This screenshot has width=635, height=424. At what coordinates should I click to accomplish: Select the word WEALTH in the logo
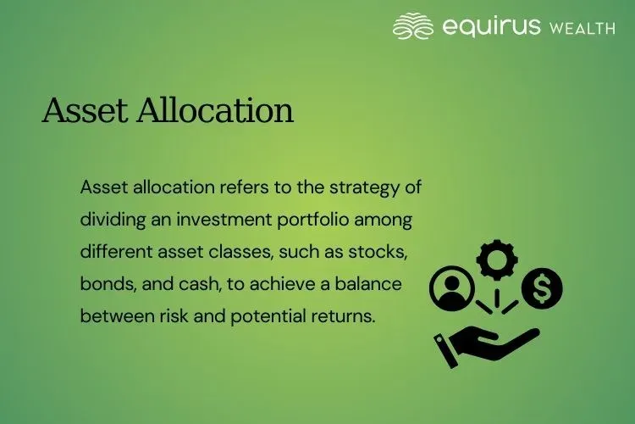[x=582, y=28]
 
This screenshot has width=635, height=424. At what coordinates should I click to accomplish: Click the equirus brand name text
[x=490, y=26]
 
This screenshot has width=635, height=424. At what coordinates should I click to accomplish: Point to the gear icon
[x=493, y=259]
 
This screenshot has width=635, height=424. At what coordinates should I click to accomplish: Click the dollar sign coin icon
[x=542, y=289]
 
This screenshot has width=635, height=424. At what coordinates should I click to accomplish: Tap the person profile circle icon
[x=450, y=289]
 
